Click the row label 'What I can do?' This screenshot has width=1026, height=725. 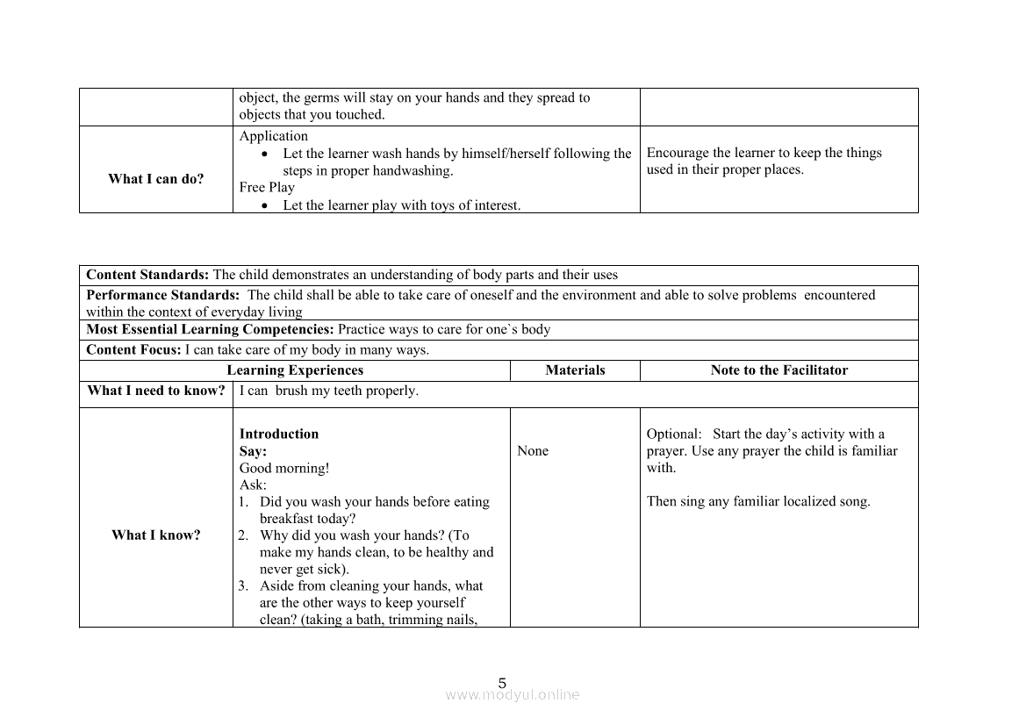click(x=155, y=179)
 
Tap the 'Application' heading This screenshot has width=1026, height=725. click(x=273, y=136)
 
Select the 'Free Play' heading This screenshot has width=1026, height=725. click(x=267, y=187)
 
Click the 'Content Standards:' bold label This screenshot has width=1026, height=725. click(x=147, y=275)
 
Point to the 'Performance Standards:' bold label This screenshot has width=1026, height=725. click(x=162, y=295)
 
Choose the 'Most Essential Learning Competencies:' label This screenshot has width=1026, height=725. click(x=210, y=330)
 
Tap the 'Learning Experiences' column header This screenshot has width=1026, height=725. click(x=295, y=370)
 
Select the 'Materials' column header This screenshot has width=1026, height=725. click(x=575, y=370)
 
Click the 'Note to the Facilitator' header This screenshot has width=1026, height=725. click(x=778, y=370)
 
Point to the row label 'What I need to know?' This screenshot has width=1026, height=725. click(x=155, y=391)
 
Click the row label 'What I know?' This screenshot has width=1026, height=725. click(x=155, y=535)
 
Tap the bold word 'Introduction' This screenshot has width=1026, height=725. click(x=279, y=434)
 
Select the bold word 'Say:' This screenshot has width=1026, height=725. click(x=253, y=451)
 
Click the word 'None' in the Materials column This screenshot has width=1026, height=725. click(x=533, y=451)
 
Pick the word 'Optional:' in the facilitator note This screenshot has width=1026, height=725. click(x=674, y=434)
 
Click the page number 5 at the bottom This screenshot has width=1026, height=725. click(x=502, y=683)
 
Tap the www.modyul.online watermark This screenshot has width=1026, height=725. click(x=513, y=695)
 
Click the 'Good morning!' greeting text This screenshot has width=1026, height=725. click(x=284, y=468)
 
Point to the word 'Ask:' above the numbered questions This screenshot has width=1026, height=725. click(x=253, y=485)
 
